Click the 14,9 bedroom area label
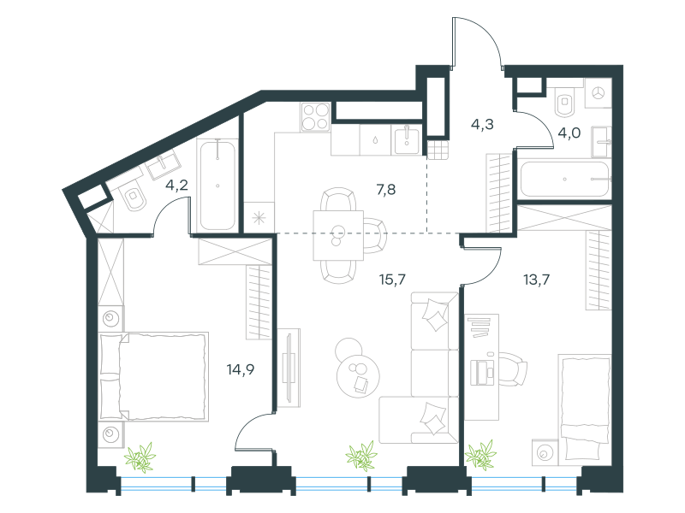pyautogui.click(x=241, y=370)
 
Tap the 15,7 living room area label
pyautogui.click(x=392, y=280)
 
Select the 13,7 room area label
pyautogui.click(x=537, y=280)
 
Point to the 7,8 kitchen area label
pyautogui.click(x=386, y=190)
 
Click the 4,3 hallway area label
pyautogui.click(x=482, y=124)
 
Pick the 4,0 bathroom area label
pyautogui.click(x=569, y=133)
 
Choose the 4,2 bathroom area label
pyautogui.click(x=176, y=186)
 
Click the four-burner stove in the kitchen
pyautogui.click(x=315, y=117)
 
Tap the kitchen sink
pyautogui.click(x=407, y=140)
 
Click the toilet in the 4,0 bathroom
pyautogui.click(x=565, y=103)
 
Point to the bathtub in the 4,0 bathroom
pyautogui.click(x=564, y=180)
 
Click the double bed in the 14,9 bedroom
pyautogui.click(x=154, y=377)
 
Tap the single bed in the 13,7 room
pyautogui.click(x=585, y=408)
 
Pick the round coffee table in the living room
pyautogui.click(x=358, y=375)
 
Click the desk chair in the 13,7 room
pyautogui.click(x=513, y=369)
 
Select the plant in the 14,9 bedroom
pyautogui.click(x=140, y=457)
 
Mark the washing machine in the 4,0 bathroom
pyautogui.click(x=598, y=93)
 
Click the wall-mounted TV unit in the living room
pyautogui.click(x=289, y=368)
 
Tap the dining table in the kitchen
pyautogui.click(x=338, y=236)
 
